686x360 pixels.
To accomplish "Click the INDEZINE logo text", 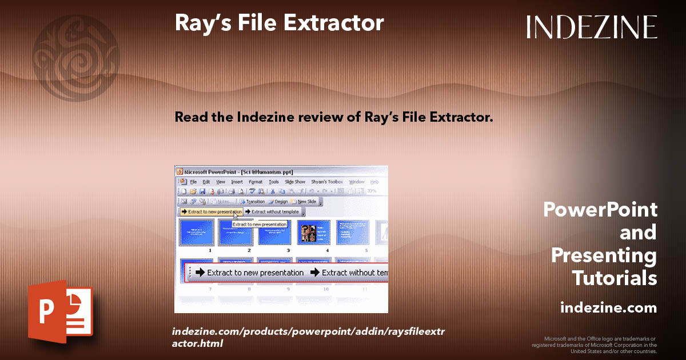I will pyautogui.click(x=592, y=27).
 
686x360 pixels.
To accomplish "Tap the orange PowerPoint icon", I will pyautogui.click(x=60, y=311).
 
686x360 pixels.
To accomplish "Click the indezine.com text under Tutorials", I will pyautogui.click(x=608, y=308).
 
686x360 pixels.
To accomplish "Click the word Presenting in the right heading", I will pyautogui.click(x=604, y=255).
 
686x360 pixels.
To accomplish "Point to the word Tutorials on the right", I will pyautogui.click(x=614, y=278).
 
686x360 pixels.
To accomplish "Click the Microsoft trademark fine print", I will pyautogui.click(x=594, y=345).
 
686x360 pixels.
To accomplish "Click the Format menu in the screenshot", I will pyautogui.click(x=255, y=182).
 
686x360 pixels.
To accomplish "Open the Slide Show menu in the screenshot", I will pyautogui.click(x=295, y=182).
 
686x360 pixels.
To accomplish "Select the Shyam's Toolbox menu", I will pyautogui.click(x=326, y=182).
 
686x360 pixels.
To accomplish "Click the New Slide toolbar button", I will pyautogui.click(x=305, y=201).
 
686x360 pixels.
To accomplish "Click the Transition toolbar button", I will pyautogui.click(x=253, y=201).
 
